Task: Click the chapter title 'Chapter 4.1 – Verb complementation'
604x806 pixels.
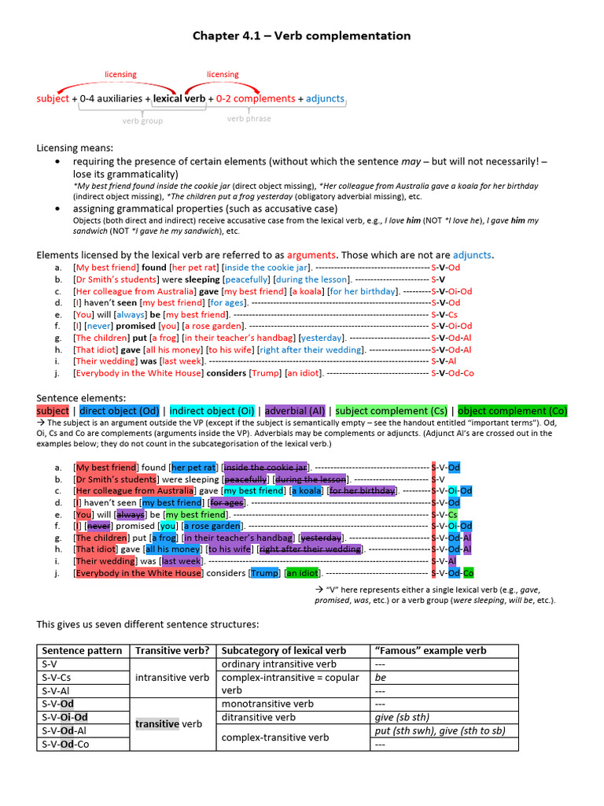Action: click(302, 36)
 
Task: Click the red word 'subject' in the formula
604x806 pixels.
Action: click(53, 99)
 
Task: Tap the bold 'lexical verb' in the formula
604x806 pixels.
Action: click(179, 99)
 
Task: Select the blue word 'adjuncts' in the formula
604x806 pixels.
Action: click(325, 99)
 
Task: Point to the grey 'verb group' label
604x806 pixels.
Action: click(142, 121)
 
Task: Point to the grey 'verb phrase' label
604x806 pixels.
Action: click(249, 119)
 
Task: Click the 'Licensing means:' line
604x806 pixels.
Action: click(75, 148)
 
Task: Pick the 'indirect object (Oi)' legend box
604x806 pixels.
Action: click(212, 411)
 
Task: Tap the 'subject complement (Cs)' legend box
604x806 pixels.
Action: click(392, 411)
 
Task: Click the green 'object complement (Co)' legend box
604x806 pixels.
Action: click(512, 411)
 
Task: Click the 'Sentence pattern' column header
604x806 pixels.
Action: click(82, 651)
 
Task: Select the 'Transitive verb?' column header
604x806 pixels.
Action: click(172, 651)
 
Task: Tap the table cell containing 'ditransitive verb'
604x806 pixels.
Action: click(260, 717)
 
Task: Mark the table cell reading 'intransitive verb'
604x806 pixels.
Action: click(172, 677)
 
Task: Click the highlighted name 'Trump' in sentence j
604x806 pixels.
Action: click(265, 573)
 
